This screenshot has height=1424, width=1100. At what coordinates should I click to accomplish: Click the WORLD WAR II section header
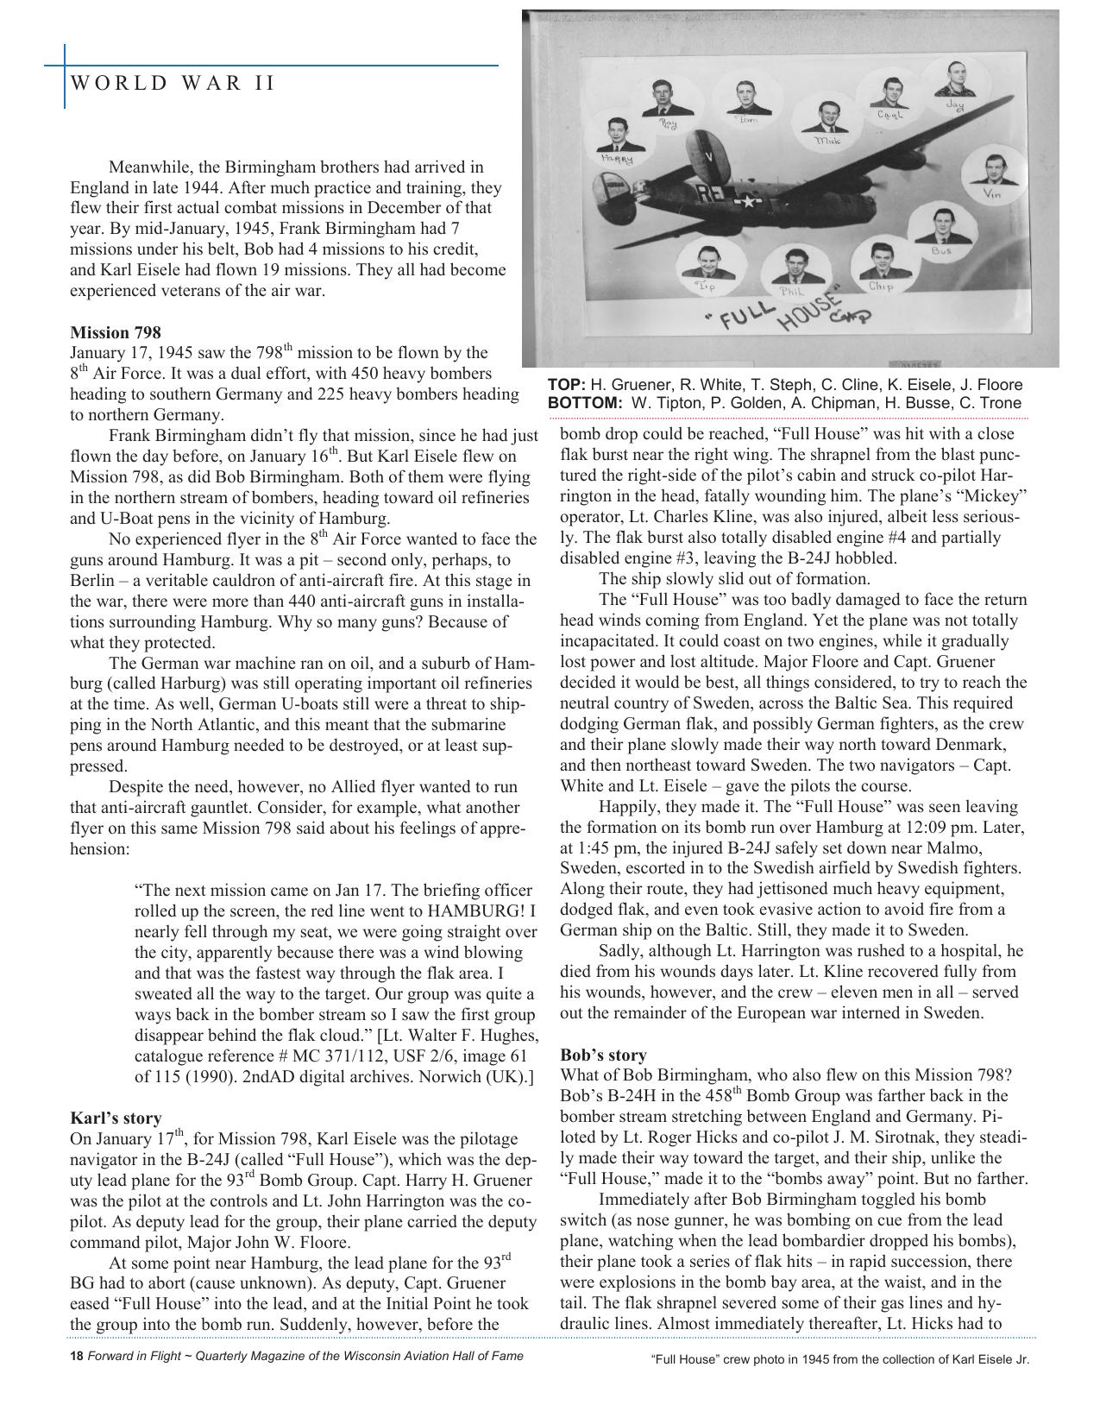pyautogui.click(x=173, y=84)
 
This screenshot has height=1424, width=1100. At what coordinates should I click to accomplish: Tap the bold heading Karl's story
pyautogui.click(x=115, y=1118)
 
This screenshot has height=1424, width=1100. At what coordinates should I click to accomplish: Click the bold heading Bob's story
pyautogui.click(x=603, y=1055)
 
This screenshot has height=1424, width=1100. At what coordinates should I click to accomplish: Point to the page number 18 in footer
pyautogui.click(x=76, y=1356)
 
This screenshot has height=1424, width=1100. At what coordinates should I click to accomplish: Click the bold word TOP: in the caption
pyautogui.click(x=566, y=385)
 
